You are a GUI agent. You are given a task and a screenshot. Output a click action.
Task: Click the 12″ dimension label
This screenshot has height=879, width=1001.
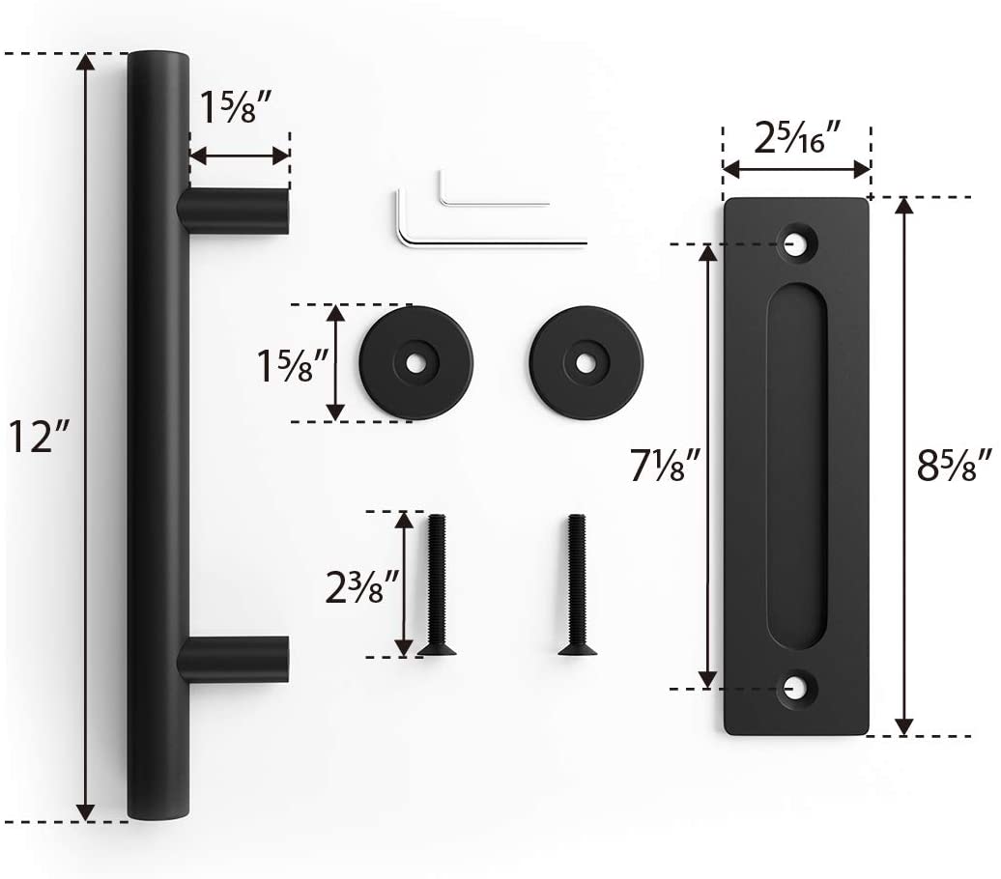pyautogui.click(x=39, y=439)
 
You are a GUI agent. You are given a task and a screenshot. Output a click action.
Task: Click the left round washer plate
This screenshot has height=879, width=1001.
pyautogui.click(x=415, y=362)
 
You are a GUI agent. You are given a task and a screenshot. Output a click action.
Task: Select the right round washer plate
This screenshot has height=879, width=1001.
pyautogui.click(x=586, y=362)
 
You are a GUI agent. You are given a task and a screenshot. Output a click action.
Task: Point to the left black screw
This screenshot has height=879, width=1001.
pyautogui.click(x=436, y=585)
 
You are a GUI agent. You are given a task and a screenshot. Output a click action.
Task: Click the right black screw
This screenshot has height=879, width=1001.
pyautogui.click(x=576, y=585)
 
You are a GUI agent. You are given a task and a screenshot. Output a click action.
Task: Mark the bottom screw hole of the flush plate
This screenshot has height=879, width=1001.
pyautogui.click(x=797, y=688)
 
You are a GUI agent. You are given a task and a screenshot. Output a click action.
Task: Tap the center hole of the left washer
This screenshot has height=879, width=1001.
pyautogui.click(x=415, y=363)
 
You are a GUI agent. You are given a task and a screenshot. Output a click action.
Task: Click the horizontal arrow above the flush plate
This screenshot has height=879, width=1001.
pyautogui.click(x=796, y=170)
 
